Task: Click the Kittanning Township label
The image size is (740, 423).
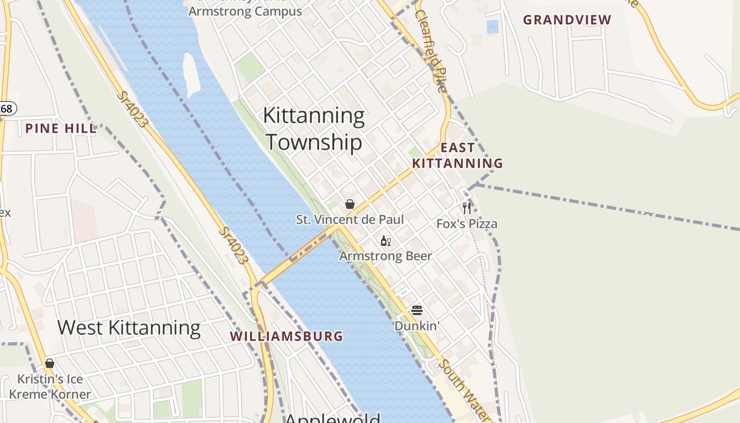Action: [314, 129]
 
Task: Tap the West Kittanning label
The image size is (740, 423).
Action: [129, 328]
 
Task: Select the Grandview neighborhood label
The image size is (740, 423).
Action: [567, 20]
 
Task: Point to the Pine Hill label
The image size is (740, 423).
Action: [61, 128]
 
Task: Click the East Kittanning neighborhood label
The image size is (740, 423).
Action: [458, 155]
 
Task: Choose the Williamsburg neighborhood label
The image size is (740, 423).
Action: [286, 336]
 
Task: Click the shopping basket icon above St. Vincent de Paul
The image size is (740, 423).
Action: [349, 204]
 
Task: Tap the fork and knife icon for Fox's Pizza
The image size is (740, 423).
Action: [467, 208]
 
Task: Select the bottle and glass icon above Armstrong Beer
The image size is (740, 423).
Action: [386, 241]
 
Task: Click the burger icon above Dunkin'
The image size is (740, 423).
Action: [417, 310]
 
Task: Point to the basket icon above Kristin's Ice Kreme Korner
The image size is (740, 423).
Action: [50, 363]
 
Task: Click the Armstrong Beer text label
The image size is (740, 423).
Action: [385, 256]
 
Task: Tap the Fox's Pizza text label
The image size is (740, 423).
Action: [467, 224]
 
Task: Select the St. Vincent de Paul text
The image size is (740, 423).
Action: [349, 219]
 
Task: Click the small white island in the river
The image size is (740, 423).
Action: [190, 74]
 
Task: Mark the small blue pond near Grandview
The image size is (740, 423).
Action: [493, 26]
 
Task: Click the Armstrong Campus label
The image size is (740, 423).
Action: [245, 11]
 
